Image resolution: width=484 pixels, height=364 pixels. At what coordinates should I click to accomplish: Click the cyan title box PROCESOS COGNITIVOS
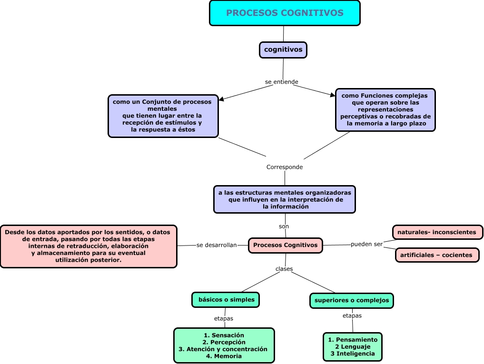tap(285, 13)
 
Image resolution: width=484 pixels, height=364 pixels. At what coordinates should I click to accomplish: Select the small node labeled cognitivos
tap(283, 49)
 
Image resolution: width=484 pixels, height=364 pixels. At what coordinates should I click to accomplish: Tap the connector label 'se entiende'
tap(282, 82)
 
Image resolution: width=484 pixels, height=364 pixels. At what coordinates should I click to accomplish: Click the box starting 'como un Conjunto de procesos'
tap(163, 116)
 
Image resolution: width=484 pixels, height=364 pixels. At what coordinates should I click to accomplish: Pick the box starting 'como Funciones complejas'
tap(385, 109)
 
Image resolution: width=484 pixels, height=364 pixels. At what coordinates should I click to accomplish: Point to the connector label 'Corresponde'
tap(285, 167)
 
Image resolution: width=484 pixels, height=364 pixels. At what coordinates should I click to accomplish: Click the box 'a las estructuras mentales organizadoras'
tap(285, 199)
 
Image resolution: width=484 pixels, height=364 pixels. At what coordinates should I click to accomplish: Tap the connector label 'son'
tap(284, 226)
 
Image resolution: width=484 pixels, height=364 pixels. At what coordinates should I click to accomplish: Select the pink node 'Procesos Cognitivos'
tap(286, 245)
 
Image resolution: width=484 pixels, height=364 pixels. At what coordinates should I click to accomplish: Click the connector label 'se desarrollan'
tap(217, 245)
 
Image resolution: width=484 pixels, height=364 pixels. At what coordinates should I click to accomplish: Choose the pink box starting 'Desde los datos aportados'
tap(89, 246)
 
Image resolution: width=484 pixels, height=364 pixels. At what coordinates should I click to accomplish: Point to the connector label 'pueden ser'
tap(367, 244)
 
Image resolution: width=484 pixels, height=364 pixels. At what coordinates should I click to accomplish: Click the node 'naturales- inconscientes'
tap(437, 232)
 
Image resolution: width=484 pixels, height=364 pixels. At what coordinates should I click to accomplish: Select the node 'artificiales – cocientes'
tap(436, 255)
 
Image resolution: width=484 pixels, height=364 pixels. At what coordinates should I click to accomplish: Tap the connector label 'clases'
tap(284, 269)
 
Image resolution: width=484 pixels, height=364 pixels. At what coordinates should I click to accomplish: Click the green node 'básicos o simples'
tap(226, 300)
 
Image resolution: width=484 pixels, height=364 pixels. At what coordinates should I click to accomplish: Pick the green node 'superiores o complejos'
tap(352, 300)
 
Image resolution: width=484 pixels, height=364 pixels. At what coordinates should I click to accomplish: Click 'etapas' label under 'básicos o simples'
tap(224, 318)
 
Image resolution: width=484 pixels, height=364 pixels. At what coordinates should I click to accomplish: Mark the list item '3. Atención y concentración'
tap(223, 349)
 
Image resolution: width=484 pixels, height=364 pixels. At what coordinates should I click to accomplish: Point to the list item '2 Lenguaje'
tap(353, 346)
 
